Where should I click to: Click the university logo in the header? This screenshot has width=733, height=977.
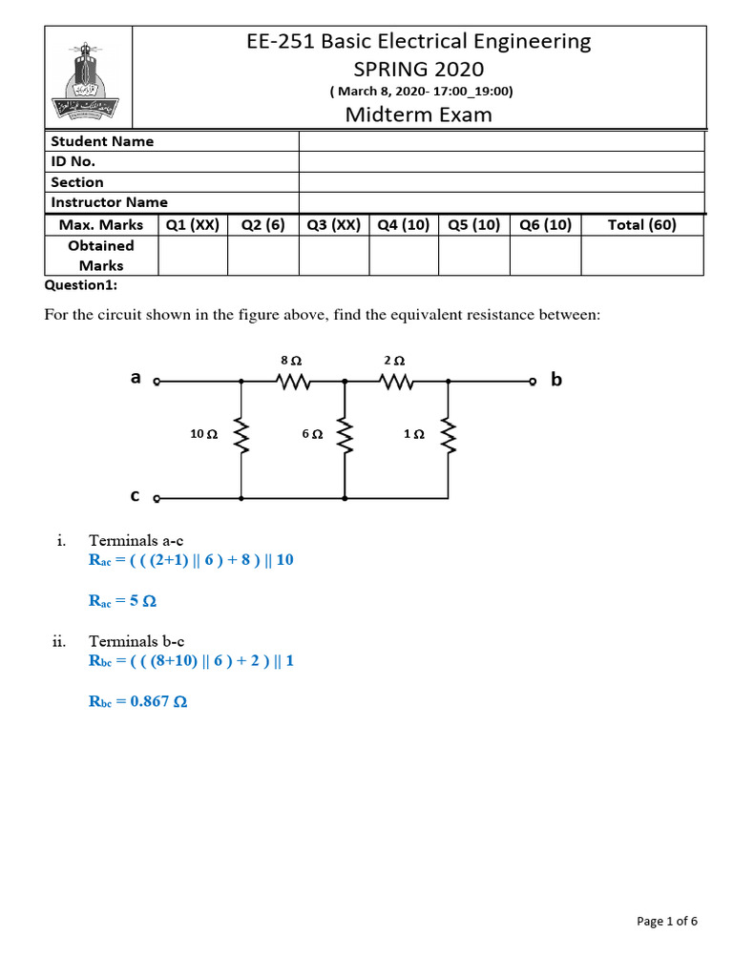tap(88, 77)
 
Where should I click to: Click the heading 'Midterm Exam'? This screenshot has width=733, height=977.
tap(419, 115)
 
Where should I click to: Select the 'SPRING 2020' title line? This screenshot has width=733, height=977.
tap(419, 69)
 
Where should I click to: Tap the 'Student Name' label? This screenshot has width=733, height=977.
tap(102, 141)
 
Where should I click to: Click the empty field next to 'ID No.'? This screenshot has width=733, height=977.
tap(502, 161)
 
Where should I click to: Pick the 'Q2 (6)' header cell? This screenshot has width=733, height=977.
tap(263, 225)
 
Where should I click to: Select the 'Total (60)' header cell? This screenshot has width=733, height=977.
tap(642, 225)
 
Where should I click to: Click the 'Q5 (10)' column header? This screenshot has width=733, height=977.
tap(473, 225)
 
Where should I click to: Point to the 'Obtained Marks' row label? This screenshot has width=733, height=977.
tap(101, 256)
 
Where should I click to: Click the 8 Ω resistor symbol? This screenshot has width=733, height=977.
tap(292, 382)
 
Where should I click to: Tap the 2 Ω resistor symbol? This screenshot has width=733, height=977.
tap(395, 382)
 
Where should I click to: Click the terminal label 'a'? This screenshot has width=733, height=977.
tap(136, 378)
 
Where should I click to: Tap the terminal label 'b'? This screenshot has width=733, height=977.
tap(556, 381)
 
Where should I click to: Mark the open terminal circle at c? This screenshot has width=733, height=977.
tap(157, 498)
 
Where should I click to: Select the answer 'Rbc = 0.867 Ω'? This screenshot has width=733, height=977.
tap(137, 702)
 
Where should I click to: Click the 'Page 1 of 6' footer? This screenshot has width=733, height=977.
tap(667, 921)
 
